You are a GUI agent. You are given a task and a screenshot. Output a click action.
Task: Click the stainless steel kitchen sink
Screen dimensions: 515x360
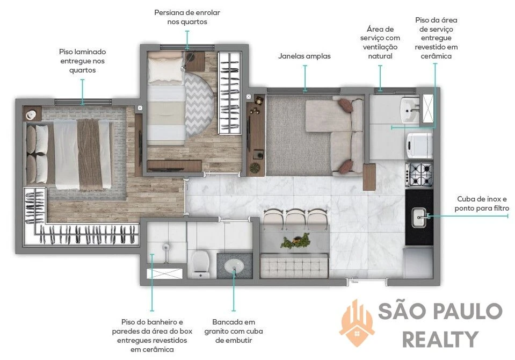tap(419, 217)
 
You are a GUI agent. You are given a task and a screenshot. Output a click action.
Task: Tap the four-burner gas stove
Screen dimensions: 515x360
tap(419, 174)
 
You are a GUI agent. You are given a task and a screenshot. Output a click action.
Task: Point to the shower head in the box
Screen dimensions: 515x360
tap(166, 247)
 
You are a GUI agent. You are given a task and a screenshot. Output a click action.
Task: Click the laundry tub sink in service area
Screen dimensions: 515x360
tap(410, 110)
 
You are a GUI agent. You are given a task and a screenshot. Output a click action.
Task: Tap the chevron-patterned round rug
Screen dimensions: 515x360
tap(199, 104)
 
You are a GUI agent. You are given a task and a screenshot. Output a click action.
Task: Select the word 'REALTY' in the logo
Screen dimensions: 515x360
tap(440, 339)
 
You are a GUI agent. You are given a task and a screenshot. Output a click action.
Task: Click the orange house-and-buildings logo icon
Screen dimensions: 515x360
tap(357, 322)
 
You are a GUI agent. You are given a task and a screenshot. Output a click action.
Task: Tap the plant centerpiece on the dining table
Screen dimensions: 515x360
tap(295, 241)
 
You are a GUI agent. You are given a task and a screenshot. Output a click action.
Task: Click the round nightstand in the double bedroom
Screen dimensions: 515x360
tap(32, 114)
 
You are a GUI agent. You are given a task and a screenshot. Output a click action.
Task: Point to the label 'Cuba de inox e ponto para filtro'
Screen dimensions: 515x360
tap(482, 204)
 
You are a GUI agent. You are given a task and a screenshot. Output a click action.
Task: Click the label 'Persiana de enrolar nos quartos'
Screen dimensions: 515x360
tap(187, 17)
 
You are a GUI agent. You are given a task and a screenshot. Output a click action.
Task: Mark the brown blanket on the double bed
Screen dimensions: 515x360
tap(90, 154)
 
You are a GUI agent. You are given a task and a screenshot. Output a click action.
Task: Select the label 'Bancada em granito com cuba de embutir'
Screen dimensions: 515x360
tap(234, 331)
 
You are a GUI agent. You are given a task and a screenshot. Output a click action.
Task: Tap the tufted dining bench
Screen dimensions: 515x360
tap(294, 265)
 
